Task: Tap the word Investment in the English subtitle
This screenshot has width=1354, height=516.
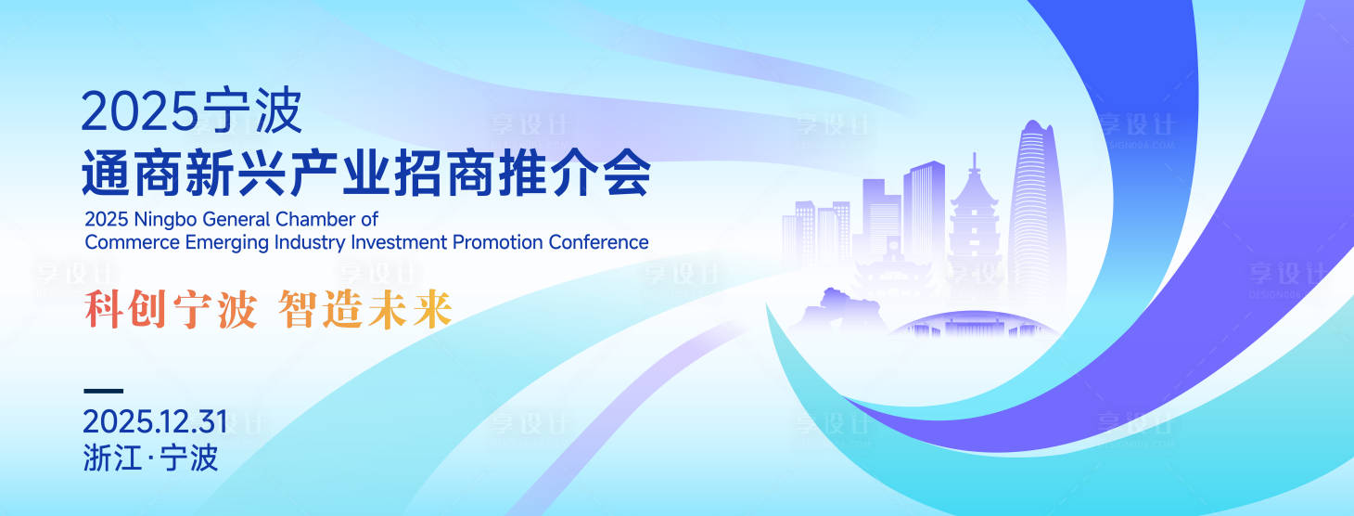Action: (397, 242)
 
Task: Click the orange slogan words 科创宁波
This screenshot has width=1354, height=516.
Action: (170, 310)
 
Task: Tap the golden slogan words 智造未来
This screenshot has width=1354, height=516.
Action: (364, 310)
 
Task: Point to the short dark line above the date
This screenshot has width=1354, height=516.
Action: (103, 391)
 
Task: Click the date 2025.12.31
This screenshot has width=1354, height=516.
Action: (155, 423)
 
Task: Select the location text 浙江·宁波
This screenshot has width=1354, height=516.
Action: (150, 458)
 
